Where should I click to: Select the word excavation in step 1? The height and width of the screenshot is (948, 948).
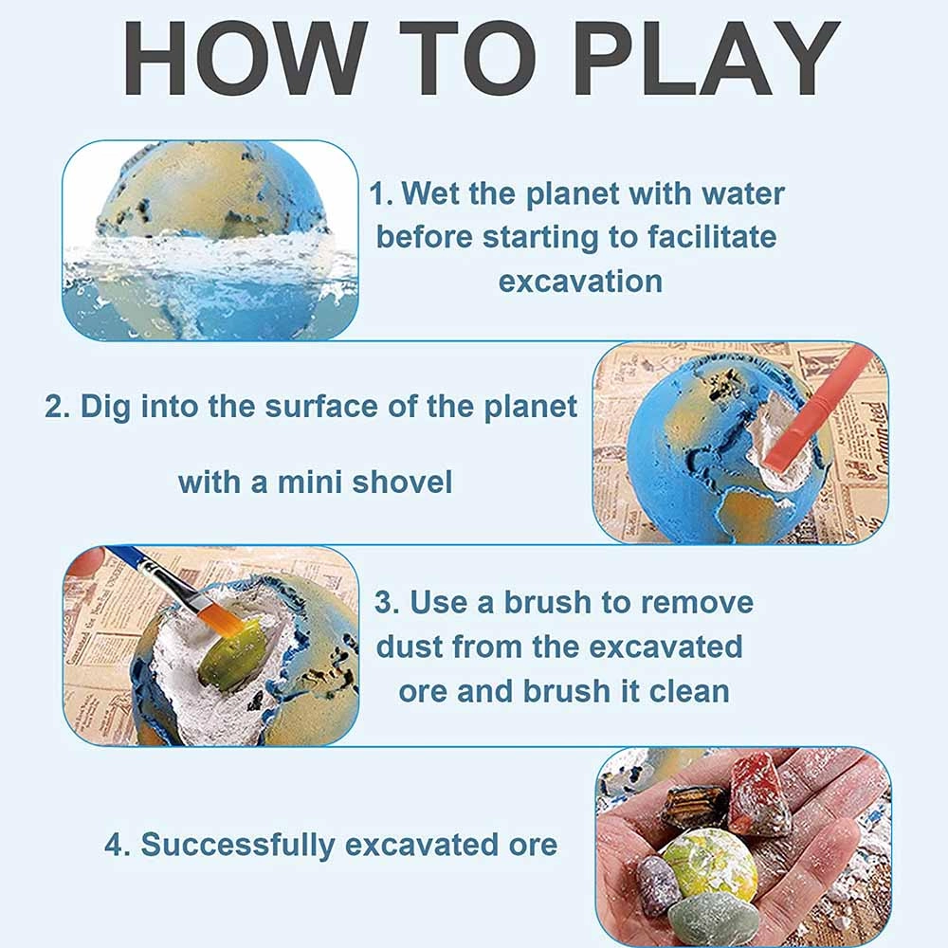(x=580, y=282)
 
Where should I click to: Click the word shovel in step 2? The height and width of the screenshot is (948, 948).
(x=402, y=483)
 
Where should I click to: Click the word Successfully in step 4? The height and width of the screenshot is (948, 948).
(x=246, y=844)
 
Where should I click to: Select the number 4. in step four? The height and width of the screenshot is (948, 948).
(x=118, y=844)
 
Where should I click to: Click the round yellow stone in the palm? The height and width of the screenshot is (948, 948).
(x=709, y=864)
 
